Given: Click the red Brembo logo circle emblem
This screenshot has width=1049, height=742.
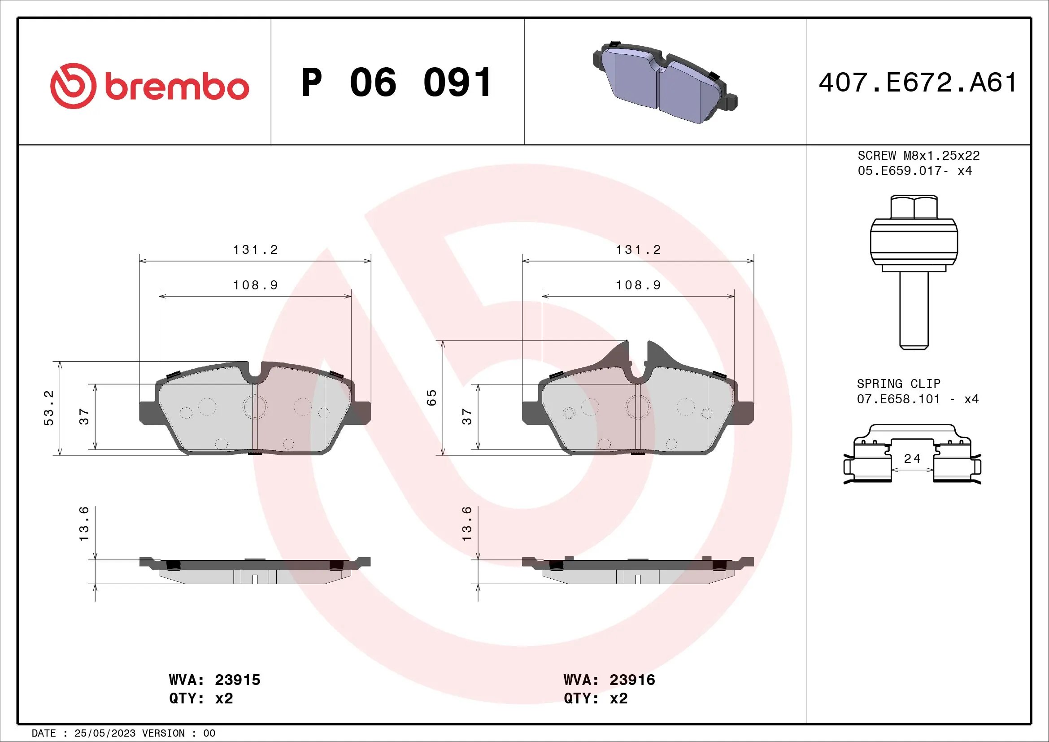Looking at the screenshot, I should click(x=73, y=86).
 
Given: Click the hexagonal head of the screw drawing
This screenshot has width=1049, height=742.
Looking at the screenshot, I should click(x=914, y=207).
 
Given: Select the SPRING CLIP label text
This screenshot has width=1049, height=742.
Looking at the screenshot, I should click(x=898, y=384).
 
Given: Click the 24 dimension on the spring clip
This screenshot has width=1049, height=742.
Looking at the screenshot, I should click(x=912, y=459).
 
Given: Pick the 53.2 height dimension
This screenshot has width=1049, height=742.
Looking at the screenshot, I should click(x=49, y=408).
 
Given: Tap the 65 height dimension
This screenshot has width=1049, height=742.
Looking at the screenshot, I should click(x=432, y=397).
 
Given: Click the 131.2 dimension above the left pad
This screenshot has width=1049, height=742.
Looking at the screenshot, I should click(x=255, y=250).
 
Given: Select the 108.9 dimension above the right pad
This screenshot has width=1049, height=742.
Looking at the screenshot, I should click(x=638, y=285).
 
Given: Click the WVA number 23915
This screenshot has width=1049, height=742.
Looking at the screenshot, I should click(x=237, y=680).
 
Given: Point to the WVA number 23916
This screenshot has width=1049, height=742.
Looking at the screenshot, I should click(x=632, y=680).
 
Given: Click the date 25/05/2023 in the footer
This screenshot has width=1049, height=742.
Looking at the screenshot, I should click(x=104, y=733).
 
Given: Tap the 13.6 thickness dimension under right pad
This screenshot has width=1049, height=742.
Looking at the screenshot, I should click(x=466, y=524).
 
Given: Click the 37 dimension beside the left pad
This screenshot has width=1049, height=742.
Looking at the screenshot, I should click(x=84, y=416).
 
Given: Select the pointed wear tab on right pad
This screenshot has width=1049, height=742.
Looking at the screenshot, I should click(x=619, y=354).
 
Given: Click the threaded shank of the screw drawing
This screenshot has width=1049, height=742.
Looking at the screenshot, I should click(x=914, y=311).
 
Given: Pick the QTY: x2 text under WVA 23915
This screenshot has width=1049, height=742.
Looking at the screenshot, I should click(x=201, y=698).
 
